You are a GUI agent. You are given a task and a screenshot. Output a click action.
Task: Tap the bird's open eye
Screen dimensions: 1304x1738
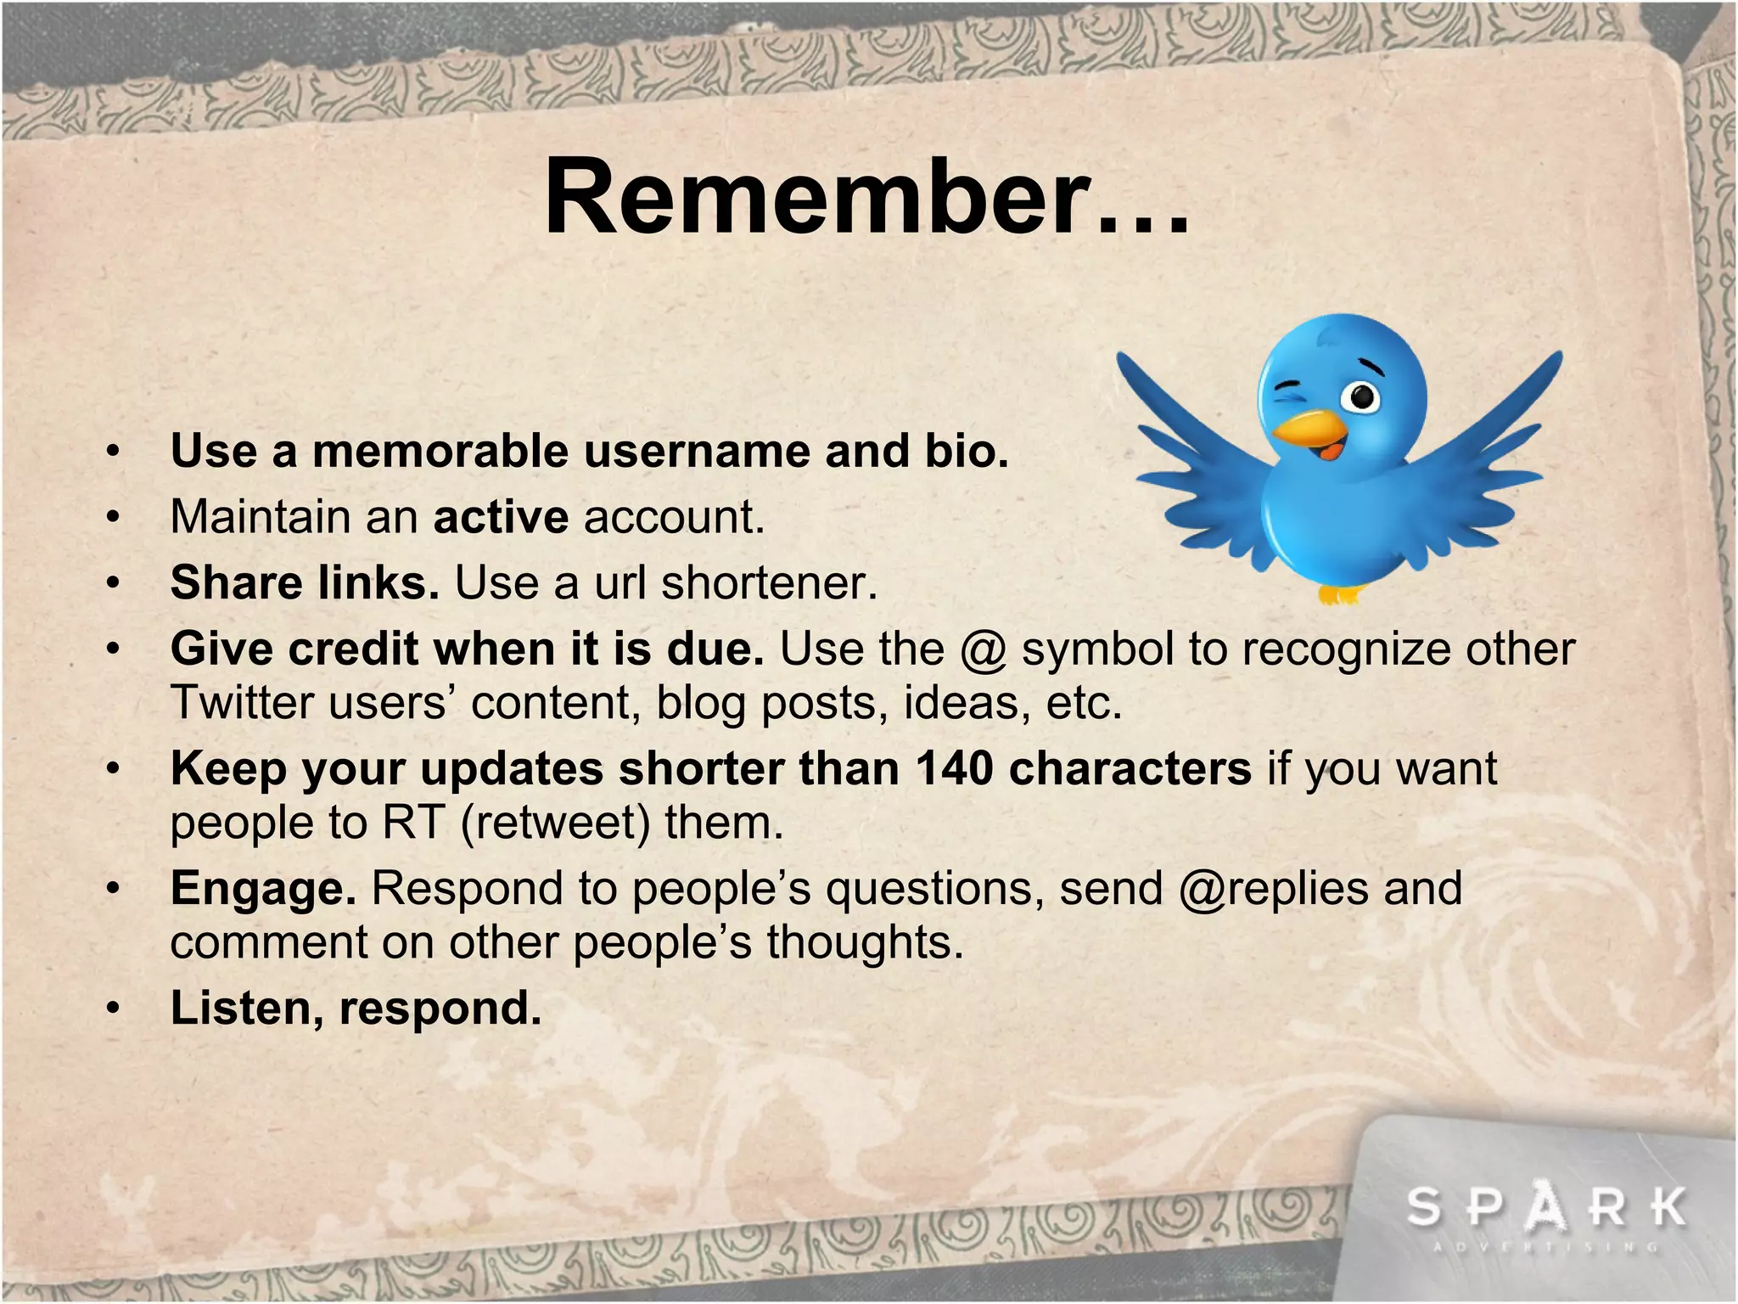tap(1363, 396)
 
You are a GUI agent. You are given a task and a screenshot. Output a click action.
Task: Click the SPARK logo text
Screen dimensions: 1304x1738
tap(1546, 1206)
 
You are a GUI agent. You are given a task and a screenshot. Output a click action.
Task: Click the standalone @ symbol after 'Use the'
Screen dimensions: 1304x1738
tap(984, 650)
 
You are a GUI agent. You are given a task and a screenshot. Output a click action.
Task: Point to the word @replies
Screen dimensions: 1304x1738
tap(1274, 889)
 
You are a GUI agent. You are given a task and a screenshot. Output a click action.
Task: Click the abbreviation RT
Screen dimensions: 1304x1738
tap(413, 822)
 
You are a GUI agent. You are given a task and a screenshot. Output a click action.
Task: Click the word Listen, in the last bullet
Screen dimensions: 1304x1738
tap(247, 1009)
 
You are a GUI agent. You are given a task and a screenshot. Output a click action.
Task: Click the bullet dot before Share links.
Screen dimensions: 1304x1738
tap(113, 584)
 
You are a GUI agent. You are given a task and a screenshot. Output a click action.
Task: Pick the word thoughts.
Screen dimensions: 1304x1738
tap(865, 942)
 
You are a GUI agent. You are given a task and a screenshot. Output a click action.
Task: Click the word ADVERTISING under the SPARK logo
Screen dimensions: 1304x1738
tap(1546, 1247)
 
